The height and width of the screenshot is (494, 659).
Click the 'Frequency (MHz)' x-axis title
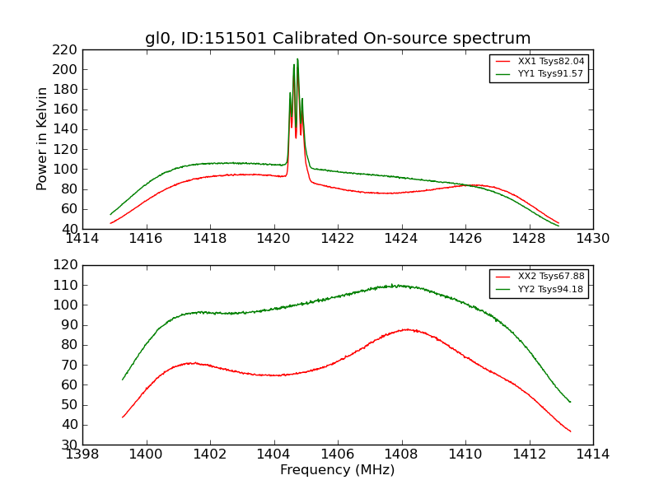tap(338, 470)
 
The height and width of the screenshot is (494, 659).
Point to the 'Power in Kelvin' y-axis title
tap(42, 138)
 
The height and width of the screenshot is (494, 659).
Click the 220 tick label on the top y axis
tap(65, 49)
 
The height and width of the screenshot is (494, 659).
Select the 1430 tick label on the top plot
tap(592, 239)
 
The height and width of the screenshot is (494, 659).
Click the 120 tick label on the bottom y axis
tap(65, 265)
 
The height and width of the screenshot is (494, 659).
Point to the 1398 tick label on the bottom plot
tap(82, 454)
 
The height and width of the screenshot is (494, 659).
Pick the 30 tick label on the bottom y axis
tap(70, 445)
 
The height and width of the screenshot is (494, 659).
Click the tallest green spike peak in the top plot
tap(297, 59)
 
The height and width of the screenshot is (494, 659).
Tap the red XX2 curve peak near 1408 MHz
tap(405, 329)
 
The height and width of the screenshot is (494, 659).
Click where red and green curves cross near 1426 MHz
tap(467, 185)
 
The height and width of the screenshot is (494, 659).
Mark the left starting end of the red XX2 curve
tap(123, 417)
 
